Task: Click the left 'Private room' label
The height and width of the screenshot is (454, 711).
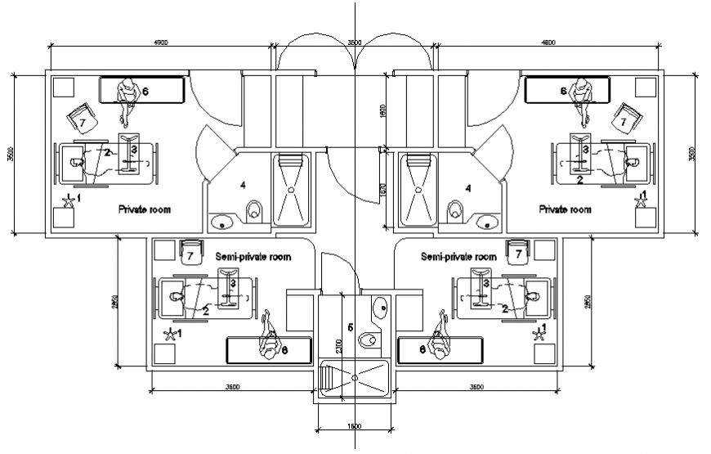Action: click(x=144, y=209)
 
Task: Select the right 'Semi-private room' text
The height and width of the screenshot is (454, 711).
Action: click(x=458, y=256)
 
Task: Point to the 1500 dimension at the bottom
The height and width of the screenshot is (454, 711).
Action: click(x=355, y=426)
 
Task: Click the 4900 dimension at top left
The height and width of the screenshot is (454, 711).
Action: click(x=160, y=42)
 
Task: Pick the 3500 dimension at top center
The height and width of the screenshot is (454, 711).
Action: click(x=353, y=42)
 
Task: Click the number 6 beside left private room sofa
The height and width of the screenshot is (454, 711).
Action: click(x=145, y=91)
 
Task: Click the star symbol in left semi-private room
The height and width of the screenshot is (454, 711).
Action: click(x=170, y=334)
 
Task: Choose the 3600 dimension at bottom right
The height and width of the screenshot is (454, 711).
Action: click(x=476, y=385)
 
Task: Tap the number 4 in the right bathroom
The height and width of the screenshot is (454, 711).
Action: click(x=467, y=187)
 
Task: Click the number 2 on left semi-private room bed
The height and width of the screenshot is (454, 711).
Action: click(x=206, y=310)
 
